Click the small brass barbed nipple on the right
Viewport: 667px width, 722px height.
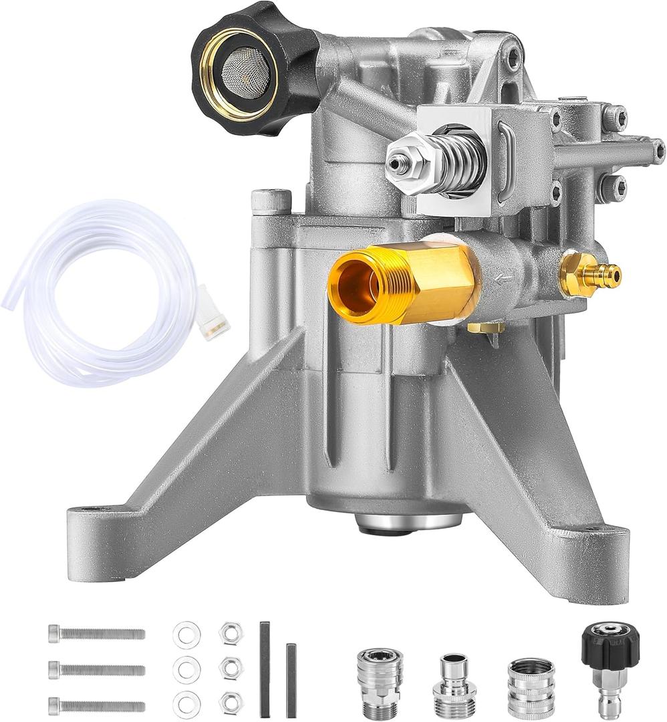pos(592,273)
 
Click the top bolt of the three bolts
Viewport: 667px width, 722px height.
pos(96,633)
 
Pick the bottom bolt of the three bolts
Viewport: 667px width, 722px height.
pos(96,705)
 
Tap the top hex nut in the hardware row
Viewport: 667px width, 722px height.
pos(230,632)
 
